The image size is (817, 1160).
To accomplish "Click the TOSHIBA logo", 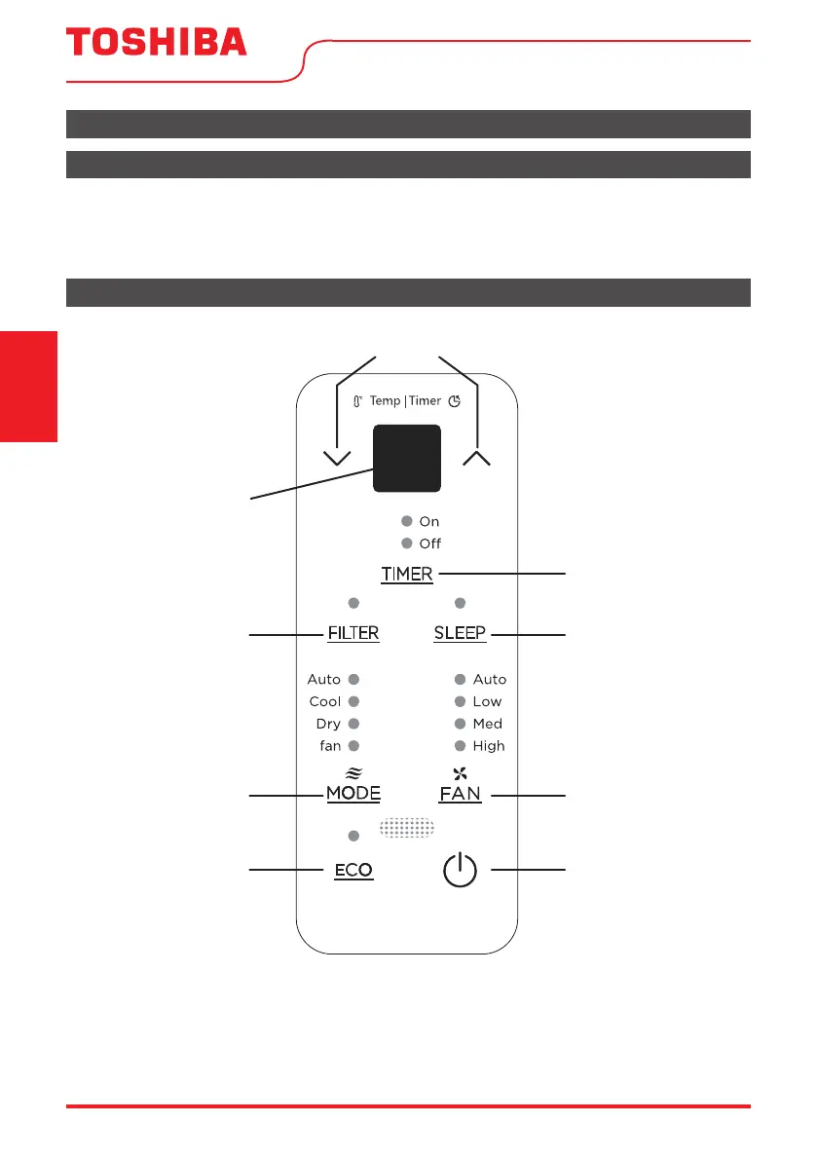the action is [x=156, y=42].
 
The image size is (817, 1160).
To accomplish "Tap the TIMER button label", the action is [x=407, y=574].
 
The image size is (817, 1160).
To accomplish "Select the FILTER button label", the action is [x=353, y=633].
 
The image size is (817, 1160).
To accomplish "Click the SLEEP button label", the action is [x=460, y=633].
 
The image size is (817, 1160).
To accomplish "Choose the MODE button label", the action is [x=353, y=793].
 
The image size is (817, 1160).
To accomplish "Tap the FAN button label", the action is [x=460, y=794].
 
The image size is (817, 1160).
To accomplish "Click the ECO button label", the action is [x=353, y=870].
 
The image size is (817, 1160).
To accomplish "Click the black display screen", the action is [x=407, y=458].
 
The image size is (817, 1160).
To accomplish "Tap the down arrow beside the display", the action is [x=337, y=458].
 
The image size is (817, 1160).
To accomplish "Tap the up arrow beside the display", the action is [x=477, y=458].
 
